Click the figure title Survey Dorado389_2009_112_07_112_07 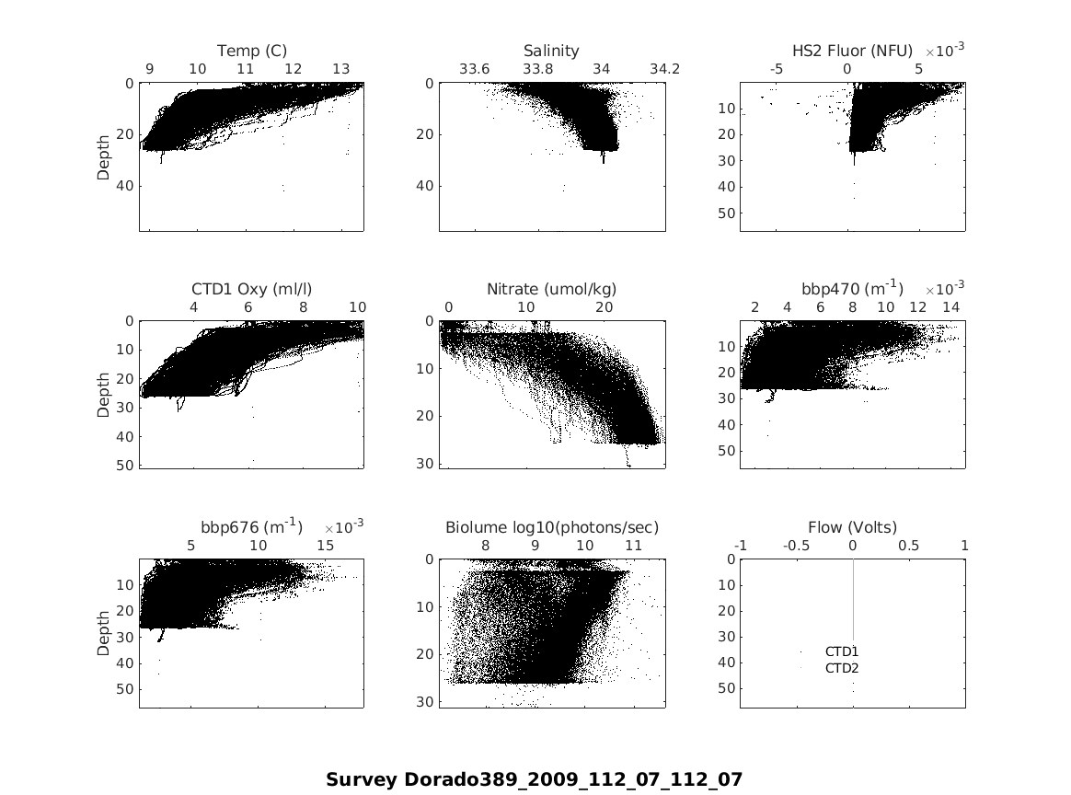pyautogui.click(x=534, y=779)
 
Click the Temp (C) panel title pyautogui.click(x=251, y=51)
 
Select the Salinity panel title pyautogui.click(x=551, y=51)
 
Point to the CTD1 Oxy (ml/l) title pyautogui.click(x=245, y=289)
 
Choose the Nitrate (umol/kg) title pyautogui.click(x=551, y=289)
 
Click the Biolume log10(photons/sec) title pyautogui.click(x=552, y=527)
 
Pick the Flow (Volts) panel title pyautogui.click(x=852, y=527)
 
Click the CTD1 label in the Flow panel pyautogui.click(x=842, y=651)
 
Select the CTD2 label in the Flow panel pyautogui.click(x=842, y=668)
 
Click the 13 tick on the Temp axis pyautogui.click(x=340, y=69)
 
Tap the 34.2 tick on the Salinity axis pyautogui.click(x=664, y=69)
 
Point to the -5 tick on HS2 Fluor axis pyautogui.click(x=777, y=69)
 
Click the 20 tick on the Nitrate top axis pyautogui.click(x=605, y=307)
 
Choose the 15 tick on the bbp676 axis pyautogui.click(x=326, y=546)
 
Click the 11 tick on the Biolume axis pyautogui.click(x=633, y=546)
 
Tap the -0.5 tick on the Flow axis pyautogui.click(x=797, y=546)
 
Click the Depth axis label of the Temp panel pyautogui.click(x=104, y=156)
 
